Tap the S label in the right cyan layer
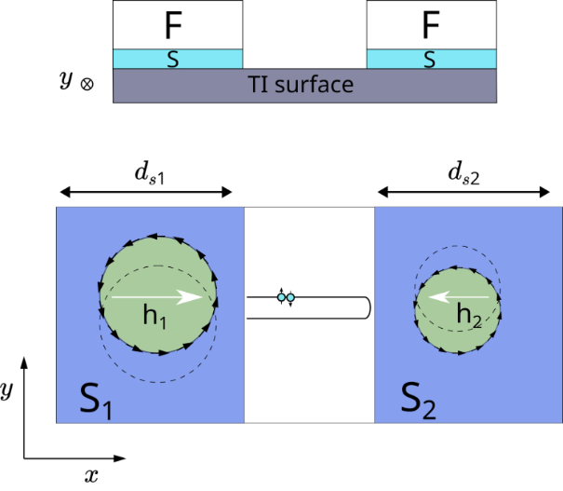pyautogui.click(x=429, y=60)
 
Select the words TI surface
pyautogui.click(x=302, y=86)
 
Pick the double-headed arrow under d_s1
pyautogui.click(x=144, y=193)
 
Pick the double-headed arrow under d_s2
pyautogui.click(x=462, y=193)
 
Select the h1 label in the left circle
pyautogui.click(x=154, y=318)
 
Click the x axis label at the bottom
pyautogui.click(x=91, y=476)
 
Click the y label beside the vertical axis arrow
pyautogui.click(x=7, y=391)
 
